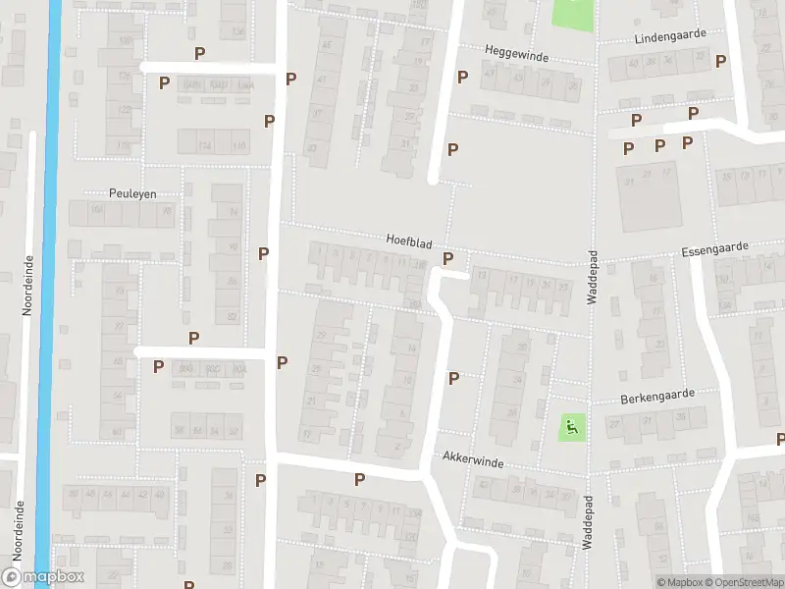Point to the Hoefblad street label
coord(409,240)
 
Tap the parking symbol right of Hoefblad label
coord(448,259)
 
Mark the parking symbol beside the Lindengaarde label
coord(721,61)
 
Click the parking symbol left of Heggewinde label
coord(463,76)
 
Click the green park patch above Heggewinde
coord(573,13)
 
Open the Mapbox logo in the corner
coord(43,577)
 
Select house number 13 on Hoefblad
coord(481,276)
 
